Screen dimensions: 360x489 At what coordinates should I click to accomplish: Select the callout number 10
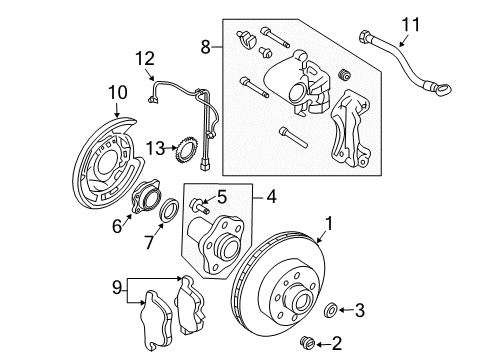117,93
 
